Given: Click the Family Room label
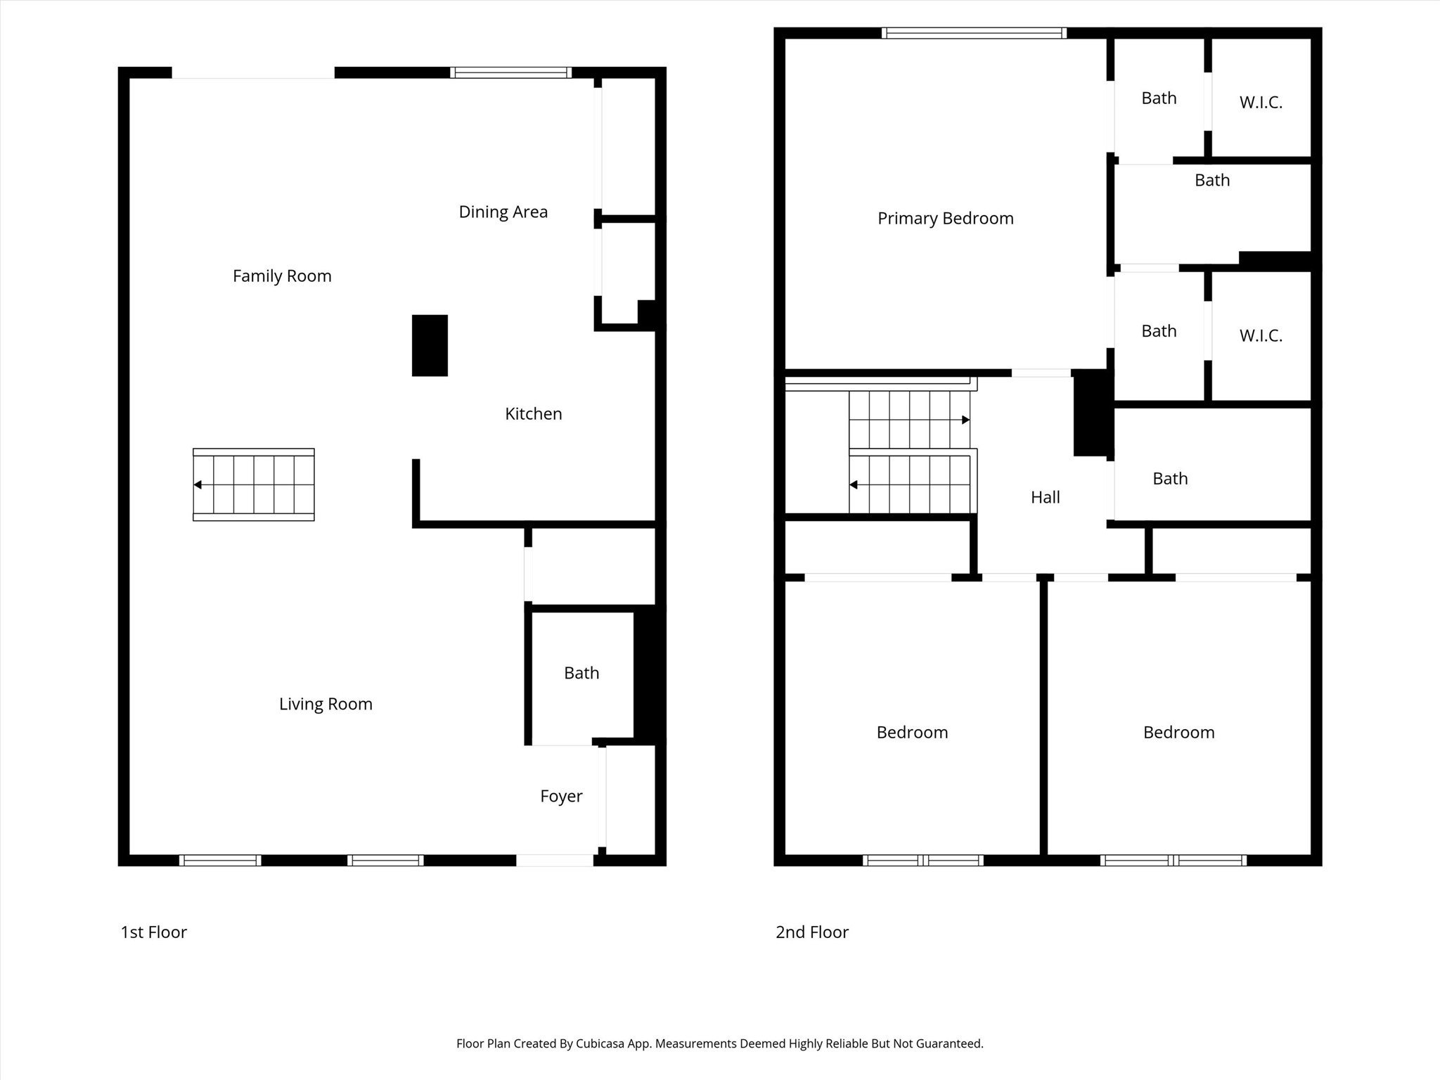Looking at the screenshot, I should (x=282, y=276).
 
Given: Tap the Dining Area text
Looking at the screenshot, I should (x=503, y=212).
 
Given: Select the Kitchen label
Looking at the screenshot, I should (x=533, y=413).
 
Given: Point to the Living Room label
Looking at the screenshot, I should (x=326, y=704).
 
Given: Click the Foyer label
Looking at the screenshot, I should (x=561, y=796).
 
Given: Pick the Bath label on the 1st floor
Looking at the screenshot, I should (x=581, y=673).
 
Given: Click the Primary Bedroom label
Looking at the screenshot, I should (x=945, y=218).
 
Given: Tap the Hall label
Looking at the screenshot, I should (x=1045, y=497).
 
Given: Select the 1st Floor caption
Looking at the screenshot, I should (x=153, y=932).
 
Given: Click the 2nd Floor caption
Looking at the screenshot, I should (x=812, y=932).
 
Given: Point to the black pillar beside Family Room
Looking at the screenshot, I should (x=430, y=345).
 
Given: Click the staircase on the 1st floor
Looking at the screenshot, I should (x=254, y=484).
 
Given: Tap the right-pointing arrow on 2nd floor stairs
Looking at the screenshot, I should (x=966, y=420).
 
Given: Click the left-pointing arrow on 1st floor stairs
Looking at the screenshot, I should (x=198, y=484).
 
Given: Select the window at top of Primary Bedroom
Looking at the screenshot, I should (x=974, y=32).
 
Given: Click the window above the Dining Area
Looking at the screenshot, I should (x=510, y=72).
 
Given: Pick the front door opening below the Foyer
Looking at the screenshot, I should (x=555, y=859).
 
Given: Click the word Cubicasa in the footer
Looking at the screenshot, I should (x=603, y=1043).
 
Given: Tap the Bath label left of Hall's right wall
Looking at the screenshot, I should (x=1170, y=479).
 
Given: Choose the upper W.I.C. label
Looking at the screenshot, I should (x=1261, y=103).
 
